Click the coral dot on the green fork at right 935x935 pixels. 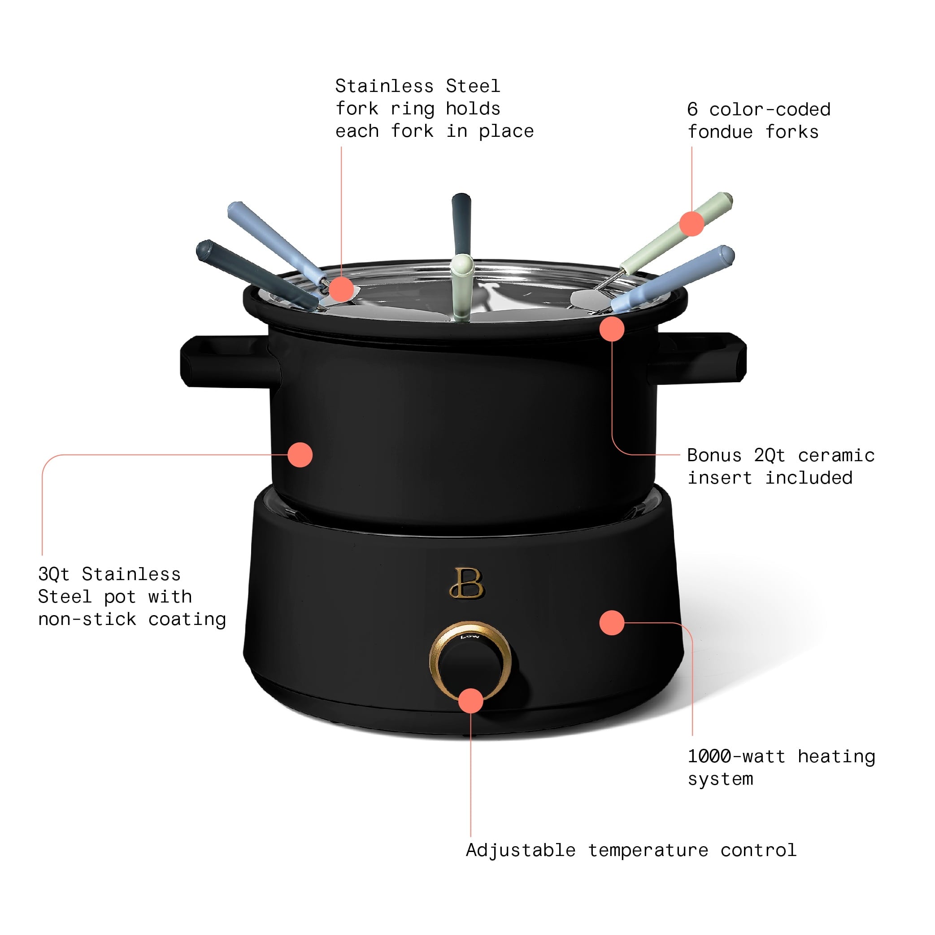(x=691, y=223)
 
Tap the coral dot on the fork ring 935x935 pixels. (x=341, y=289)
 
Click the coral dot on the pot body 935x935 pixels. (x=300, y=454)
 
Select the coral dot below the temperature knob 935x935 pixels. (x=470, y=701)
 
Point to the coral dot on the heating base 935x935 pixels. (x=612, y=623)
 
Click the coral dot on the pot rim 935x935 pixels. (x=612, y=329)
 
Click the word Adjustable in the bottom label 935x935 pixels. (x=520, y=850)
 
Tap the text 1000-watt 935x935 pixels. (x=735, y=756)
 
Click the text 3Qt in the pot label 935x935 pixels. (x=54, y=574)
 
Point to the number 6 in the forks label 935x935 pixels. (x=692, y=109)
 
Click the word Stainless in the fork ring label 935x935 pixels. (x=384, y=86)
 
